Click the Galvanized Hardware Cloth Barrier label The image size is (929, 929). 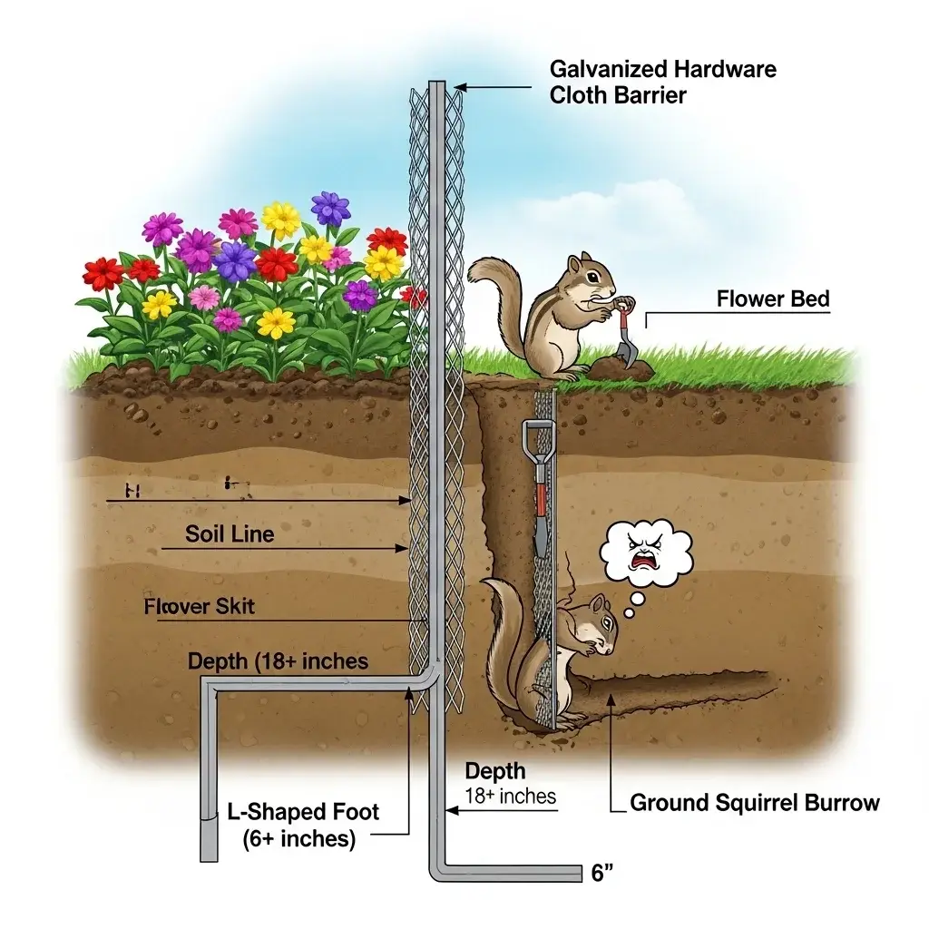coord(662,82)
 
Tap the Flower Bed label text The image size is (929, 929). coord(772,298)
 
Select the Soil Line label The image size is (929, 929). coord(230,533)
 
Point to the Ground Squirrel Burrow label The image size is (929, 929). coord(754,802)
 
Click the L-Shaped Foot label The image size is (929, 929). coord(302,812)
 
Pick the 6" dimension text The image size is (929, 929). coord(602,874)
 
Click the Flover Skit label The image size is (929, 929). coord(200,607)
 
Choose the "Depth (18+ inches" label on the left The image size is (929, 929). coord(278,661)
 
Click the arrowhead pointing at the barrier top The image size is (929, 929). coord(459,87)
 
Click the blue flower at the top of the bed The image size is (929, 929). coord(330,209)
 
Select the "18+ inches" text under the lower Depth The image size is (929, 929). coord(510,797)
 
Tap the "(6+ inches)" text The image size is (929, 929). coord(299,838)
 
